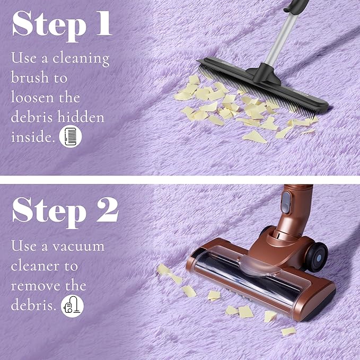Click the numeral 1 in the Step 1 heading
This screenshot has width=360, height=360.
(104, 23)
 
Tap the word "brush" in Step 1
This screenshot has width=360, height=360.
(30, 77)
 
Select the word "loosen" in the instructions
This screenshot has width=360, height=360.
(32, 97)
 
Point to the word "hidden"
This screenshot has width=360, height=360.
(81, 117)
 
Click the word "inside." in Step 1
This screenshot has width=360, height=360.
(33, 137)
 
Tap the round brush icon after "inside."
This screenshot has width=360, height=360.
(71, 136)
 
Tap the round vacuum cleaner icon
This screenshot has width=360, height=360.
(72, 306)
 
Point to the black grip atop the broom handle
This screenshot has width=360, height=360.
(296, 6)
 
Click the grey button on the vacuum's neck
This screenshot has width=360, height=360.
(286, 203)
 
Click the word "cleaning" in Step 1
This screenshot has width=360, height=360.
(81, 58)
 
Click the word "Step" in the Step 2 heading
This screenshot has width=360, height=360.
(49, 212)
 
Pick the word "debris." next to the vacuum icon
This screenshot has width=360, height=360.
(33, 305)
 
